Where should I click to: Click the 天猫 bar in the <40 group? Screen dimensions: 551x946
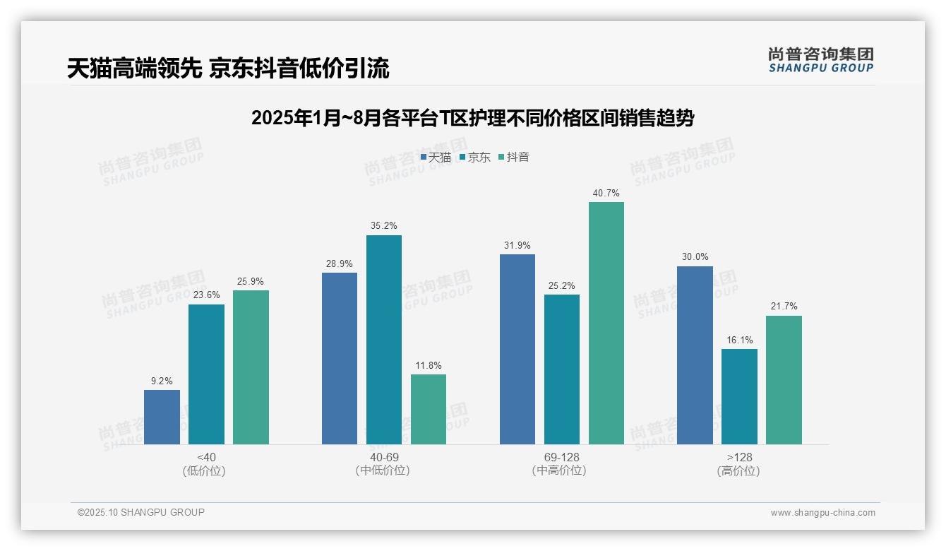tap(162, 417)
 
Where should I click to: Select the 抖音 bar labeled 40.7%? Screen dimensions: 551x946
tap(606, 323)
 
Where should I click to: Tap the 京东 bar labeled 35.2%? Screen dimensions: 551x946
tap(383, 340)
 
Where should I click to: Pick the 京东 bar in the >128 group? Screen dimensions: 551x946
tap(739, 396)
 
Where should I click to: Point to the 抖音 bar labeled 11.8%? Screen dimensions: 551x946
tap(429, 409)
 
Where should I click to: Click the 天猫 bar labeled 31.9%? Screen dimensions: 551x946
tap(517, 349)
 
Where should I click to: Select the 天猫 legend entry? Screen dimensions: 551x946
tap(436, 158)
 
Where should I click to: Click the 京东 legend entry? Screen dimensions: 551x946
tap(475, 158)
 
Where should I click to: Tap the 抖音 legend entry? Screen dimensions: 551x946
tap(514, 158)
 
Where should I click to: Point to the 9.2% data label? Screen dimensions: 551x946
tap(162, 381)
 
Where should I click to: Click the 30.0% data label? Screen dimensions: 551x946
tap(695, 257)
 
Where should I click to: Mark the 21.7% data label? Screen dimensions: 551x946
tap(784, 307)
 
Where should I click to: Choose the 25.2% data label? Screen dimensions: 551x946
tap(562, 285)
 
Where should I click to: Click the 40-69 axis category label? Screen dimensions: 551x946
tap(383, 457)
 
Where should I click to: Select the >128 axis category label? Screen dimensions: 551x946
tap(739, 457)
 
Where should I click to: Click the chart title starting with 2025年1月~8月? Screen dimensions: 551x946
tap(472, 118)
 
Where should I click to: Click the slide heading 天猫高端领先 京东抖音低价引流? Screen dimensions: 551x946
tap(228, 69)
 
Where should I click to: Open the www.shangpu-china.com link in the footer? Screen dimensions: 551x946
tap(822, 513)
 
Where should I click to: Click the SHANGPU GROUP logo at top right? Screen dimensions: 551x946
tap(820, 60)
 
